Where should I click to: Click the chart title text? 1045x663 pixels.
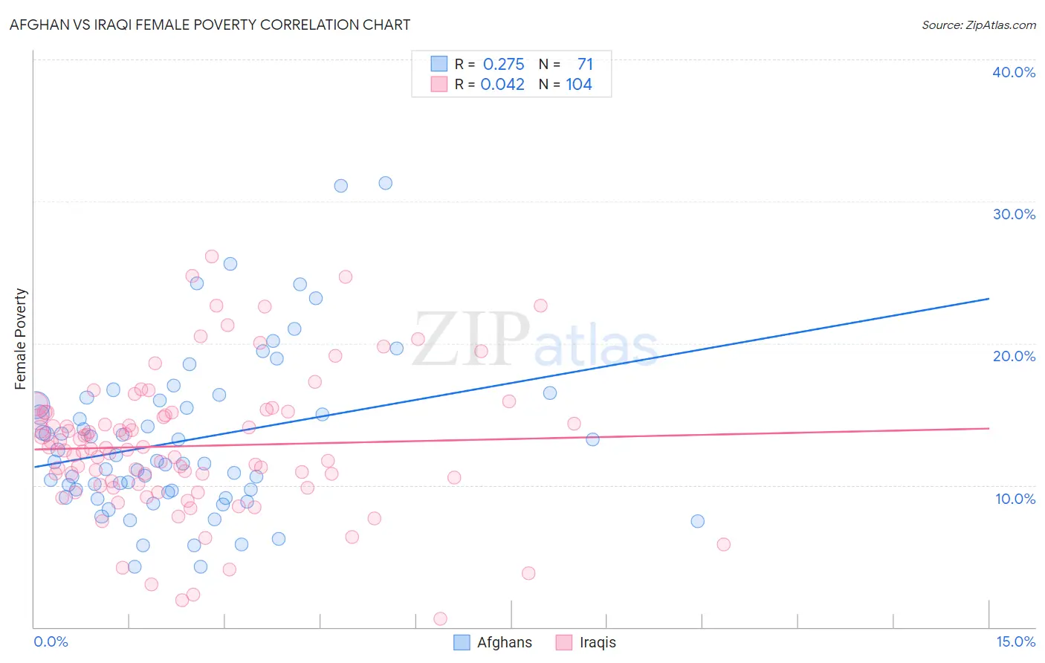pos(210,25)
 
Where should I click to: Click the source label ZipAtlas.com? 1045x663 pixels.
pos(978,25)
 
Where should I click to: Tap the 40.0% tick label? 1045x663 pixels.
pos(1014,72)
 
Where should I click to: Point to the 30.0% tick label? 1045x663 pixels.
pos(1014,214)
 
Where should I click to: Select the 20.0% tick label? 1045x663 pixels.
pos(1014,356)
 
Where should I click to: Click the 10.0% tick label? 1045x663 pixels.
pos(1014,499)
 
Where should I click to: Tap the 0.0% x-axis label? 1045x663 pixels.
pos(51,641)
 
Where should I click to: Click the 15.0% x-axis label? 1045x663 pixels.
pos(1015,641)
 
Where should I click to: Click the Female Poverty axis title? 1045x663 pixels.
pos(21,339)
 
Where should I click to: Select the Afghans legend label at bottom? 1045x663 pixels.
pos(505,642)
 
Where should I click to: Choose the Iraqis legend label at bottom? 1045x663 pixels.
pos(598,642)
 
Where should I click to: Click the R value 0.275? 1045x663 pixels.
pos(503,65)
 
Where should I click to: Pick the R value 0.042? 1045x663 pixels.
pos(502,85)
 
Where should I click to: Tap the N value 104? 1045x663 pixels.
pos(579,85)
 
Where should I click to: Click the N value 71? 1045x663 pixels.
pos(585,65)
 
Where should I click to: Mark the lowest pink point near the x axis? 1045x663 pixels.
pos(440,618)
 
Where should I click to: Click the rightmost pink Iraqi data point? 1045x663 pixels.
pos(723,544)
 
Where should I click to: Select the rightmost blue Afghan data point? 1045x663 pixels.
pos(697,521)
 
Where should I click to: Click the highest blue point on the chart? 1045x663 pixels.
pos(385,183)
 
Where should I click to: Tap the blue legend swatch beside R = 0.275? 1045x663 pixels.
pos(439,64)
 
